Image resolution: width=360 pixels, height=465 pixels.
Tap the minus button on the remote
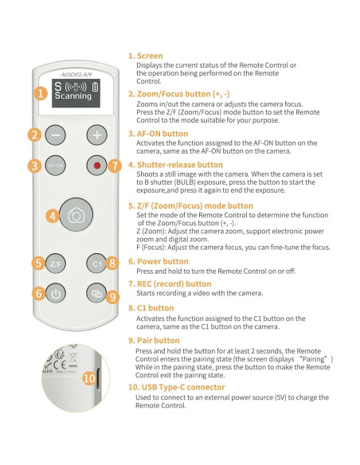pos(57,135)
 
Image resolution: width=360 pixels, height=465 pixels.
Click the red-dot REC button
pos(96,166)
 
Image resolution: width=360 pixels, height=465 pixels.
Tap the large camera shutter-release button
pos(76,215)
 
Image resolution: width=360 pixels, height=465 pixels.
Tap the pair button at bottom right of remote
pos(96,293)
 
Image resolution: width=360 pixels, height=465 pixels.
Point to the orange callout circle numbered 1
pos(41,92)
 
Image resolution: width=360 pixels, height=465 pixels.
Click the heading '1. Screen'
pos(146,57)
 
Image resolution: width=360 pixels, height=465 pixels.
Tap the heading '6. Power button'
pos(158,260)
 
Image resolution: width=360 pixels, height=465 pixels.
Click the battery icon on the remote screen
pos(96,86)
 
